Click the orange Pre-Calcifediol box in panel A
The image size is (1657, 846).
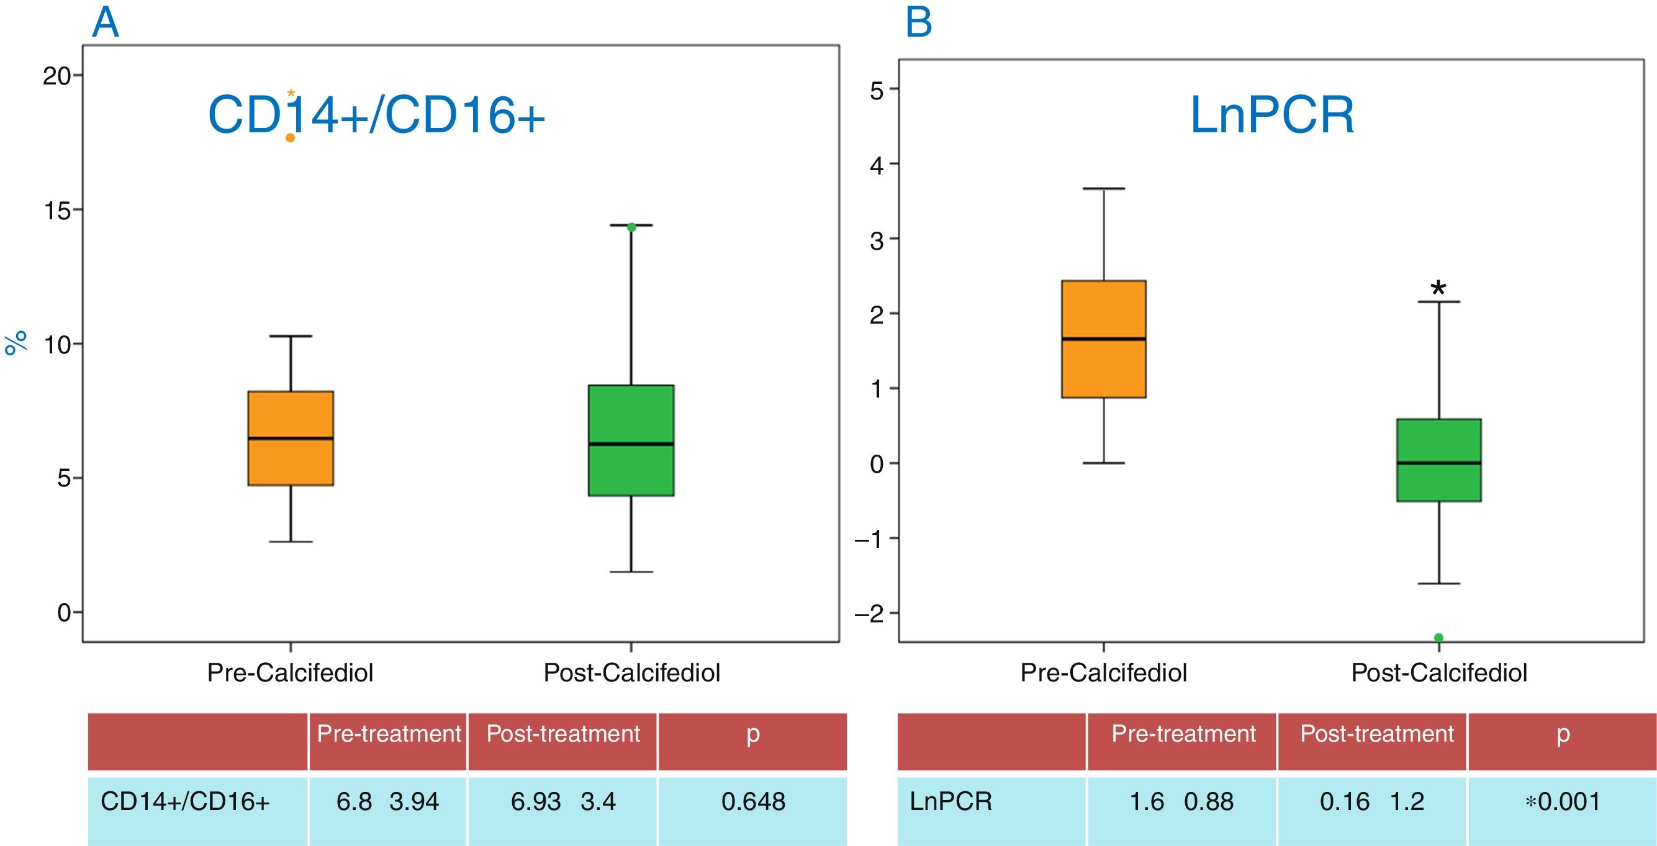point(291,437)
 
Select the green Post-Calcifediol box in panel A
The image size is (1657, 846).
point(631,440)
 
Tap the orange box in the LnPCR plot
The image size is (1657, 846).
point(1103,339)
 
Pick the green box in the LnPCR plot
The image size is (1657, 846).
point(1438,460)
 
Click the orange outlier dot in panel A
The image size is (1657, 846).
point(290,138)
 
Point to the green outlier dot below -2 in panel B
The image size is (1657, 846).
point(1439,637)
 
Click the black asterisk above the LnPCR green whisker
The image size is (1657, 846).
point(1438,289)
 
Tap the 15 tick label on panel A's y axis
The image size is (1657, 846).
point(56,211)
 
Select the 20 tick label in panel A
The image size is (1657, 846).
point(56,76)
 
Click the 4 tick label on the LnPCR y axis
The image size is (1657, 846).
point(876,165)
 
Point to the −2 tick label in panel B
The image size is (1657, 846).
point(870,614)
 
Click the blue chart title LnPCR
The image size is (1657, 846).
point(1271,116)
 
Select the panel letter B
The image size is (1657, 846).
point(918,23)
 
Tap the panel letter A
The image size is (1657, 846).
point(106,23)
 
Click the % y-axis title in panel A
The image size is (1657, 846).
point(16,342)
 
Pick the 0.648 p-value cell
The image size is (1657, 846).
point(752,802)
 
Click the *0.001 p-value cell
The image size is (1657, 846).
point(1563,802)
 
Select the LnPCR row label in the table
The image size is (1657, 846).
point(950,802)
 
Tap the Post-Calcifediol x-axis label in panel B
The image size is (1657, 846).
point(1439,673)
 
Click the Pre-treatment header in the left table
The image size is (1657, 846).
point(389,734)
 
